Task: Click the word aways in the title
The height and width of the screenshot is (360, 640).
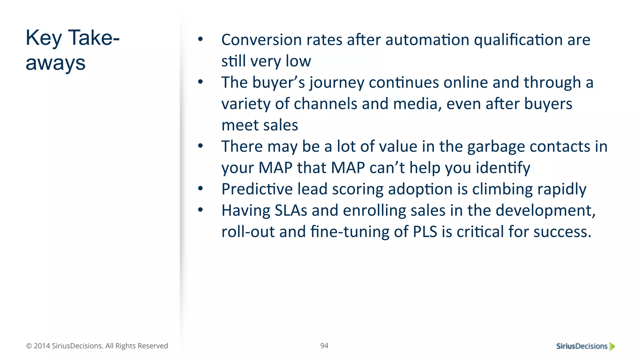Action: [x=55, y=63]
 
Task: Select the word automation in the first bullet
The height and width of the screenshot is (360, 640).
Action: [x=427, y=40]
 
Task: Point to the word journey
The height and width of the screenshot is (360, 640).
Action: [x=337, y=83]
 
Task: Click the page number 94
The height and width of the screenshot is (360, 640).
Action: [x=324, y=346]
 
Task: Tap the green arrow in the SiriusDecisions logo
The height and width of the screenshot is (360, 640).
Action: [x=612, y=346]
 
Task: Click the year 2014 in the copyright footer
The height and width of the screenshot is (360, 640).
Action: [x=42, y=346]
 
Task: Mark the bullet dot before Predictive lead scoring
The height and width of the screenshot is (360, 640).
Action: [x=200, y=188]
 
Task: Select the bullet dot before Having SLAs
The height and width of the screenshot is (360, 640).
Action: [x=200, y=210]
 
